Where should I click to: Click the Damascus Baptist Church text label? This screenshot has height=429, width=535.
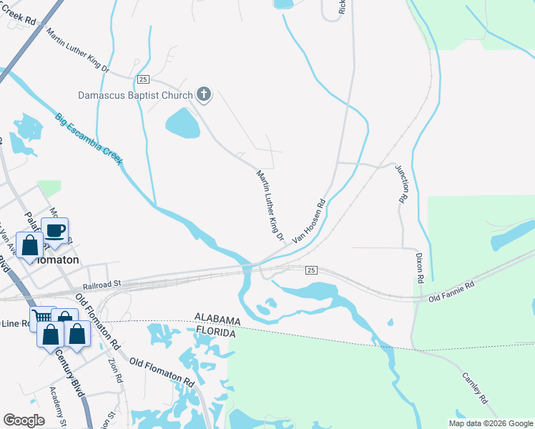click(x=136, y=95)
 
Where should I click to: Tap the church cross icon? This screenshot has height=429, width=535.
click(x=204, y=94)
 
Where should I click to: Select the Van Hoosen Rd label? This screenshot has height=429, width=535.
click(x=309, y=224)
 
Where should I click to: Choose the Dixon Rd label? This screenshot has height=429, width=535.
click(x=420, y=266)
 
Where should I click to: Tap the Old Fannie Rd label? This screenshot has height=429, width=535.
click(x=451, y=290)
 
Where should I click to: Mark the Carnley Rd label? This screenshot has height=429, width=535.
click(x=474, y=387)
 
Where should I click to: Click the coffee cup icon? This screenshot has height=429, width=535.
click(x=55, y=230)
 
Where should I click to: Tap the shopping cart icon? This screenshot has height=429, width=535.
click(x=41, y=316)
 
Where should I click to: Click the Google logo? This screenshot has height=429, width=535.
click(x=24, y=420)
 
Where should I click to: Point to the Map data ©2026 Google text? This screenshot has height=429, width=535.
click(x=490, y=423)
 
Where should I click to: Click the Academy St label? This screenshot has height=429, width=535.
click(x=57, y=407)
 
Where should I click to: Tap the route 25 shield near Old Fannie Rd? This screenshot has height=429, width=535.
click(x=310, y=270)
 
